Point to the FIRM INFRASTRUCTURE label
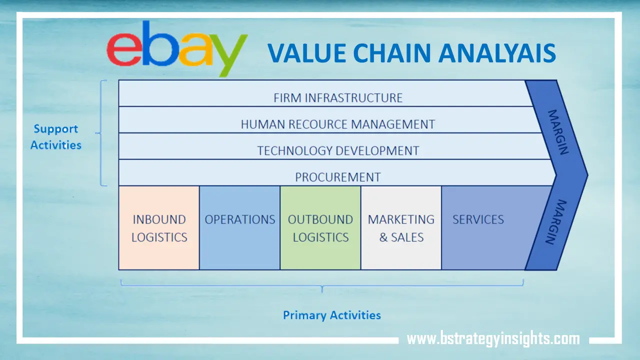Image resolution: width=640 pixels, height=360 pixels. (x=338, y=97)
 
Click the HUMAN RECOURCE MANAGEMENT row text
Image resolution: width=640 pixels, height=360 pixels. (x=338, y=124)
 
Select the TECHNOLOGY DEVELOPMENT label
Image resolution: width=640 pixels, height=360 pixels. (x=338, y=150)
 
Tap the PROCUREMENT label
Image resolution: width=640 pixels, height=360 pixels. (x=338, y=177)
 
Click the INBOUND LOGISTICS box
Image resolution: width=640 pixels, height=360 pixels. (x=159, y=228)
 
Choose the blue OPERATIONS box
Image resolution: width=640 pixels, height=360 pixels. (x=240, y=228)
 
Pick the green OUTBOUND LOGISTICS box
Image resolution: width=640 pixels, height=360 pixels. (x=320, y=228)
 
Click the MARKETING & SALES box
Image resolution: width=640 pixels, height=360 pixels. (x=401, y=228)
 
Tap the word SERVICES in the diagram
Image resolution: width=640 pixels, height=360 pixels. (x=478, y=219)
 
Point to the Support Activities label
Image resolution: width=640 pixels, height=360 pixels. (x=55, y=136)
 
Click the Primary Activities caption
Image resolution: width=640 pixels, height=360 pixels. (x=332, y=315)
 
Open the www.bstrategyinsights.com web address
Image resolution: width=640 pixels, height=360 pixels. (x=493, y=339)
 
